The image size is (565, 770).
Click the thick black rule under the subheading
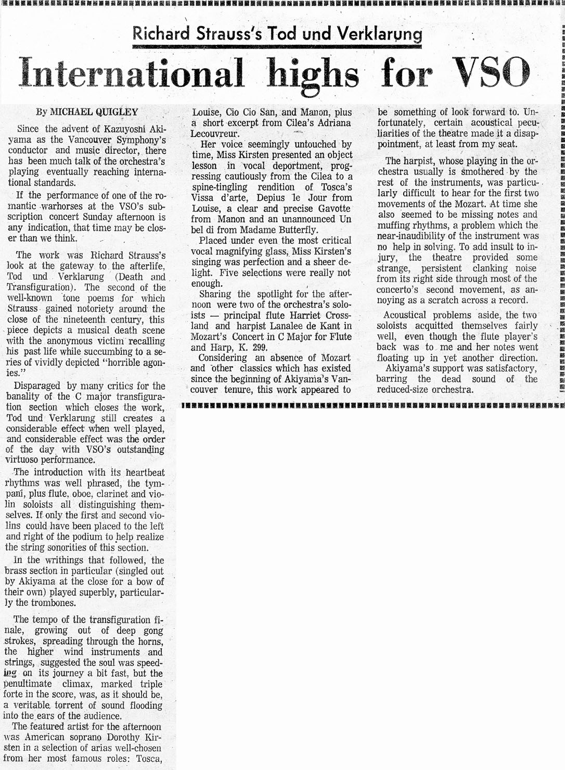276,47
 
